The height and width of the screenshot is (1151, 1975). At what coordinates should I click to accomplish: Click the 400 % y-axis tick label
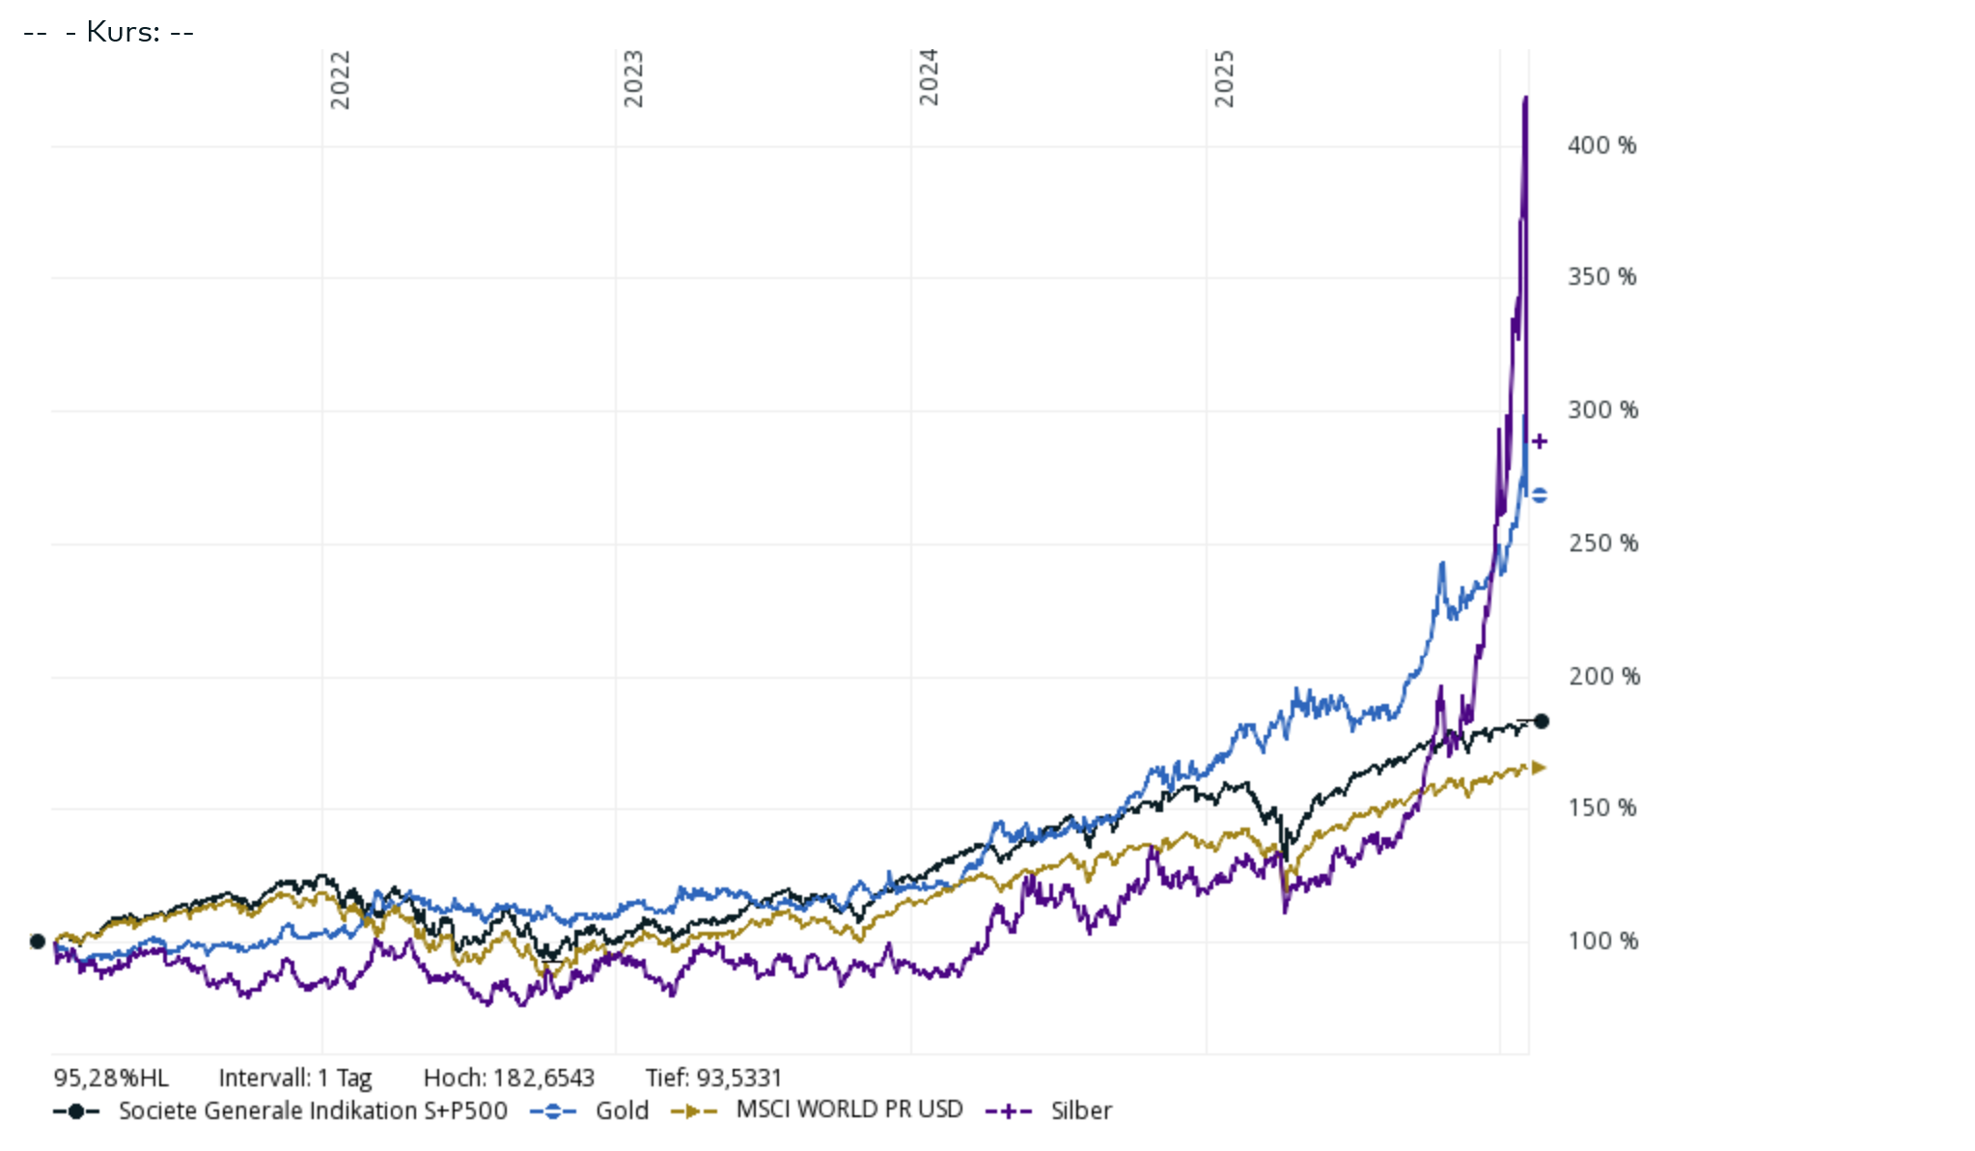[x=1601, y=146]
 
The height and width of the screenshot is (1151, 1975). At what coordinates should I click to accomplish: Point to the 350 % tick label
[x=1601, y=277]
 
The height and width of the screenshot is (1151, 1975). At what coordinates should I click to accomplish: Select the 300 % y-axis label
[x=1602, y=410]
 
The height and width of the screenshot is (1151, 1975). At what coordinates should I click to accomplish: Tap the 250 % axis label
[x=1602, y=544]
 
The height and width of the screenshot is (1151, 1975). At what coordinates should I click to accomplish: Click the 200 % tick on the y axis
[x=1603, y=677]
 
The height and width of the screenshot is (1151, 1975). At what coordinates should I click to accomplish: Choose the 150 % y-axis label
[x=1602, y=808]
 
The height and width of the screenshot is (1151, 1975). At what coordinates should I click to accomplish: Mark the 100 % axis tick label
[x=1602, y=941]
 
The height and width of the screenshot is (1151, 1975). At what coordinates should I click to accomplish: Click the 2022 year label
[x=340, y=80]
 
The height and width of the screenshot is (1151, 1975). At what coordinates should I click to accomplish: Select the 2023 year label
[x=633, y=79]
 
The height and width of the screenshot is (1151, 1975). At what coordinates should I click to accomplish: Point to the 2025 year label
[x=1224, y=79]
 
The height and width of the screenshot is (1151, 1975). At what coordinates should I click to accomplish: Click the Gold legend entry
[x=621, y=1111]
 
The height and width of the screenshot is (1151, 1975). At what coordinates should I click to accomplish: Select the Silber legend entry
[x=1080, y=1111]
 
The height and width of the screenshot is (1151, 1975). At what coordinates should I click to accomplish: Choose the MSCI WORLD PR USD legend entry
[x=848, y=1109]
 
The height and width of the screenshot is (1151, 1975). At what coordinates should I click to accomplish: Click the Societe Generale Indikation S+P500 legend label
[x=312, y=1111]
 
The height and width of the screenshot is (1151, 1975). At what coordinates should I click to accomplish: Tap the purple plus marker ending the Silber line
[x=1540, y=441]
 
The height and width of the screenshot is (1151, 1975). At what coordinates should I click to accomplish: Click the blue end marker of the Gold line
[x=1540, y=495]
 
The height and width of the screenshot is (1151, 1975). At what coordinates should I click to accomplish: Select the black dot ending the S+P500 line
[x=1542, y=721]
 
